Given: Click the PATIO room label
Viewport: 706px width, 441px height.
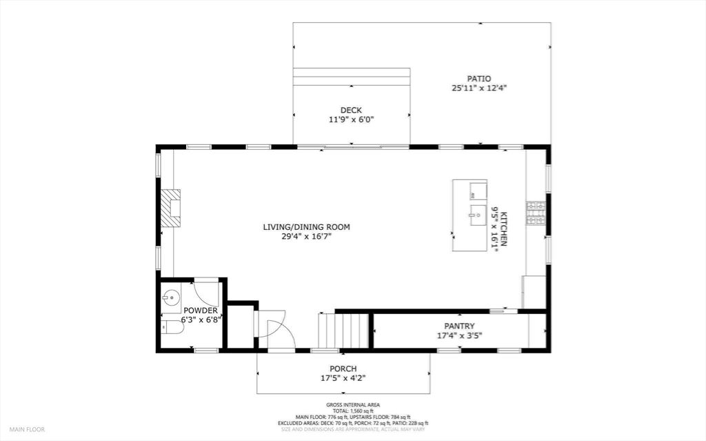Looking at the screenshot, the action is point(478,79).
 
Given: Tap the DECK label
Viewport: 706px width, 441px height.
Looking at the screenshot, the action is point(351,110).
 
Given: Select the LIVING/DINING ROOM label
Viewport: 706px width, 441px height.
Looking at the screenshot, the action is point(306,227).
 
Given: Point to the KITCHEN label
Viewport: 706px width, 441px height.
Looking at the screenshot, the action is point(504,228).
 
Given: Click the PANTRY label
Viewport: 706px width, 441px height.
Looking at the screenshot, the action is point(459,326).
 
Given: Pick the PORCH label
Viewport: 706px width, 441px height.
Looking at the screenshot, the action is point(343,369).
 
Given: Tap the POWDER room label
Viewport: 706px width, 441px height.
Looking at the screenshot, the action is point(201,311).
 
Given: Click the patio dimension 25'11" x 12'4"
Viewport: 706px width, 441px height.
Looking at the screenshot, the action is point(479,88).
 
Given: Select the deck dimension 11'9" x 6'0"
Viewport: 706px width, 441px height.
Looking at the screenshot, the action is point(351,120).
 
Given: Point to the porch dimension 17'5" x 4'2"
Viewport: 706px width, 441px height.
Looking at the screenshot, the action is point(343,378).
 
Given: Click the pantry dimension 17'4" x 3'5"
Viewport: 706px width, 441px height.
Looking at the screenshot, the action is point(459,335).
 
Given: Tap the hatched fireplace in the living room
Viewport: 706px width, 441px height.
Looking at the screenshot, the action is point(171,208).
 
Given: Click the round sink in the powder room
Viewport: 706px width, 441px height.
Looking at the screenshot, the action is point(171,297).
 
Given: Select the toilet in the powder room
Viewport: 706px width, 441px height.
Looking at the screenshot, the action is point(172,327).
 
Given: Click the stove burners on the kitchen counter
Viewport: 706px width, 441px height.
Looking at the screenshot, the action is point(536,213).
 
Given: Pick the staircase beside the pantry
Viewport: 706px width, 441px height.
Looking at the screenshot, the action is point(343,331).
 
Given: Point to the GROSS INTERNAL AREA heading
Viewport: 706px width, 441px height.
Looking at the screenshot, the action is point(353,405).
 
